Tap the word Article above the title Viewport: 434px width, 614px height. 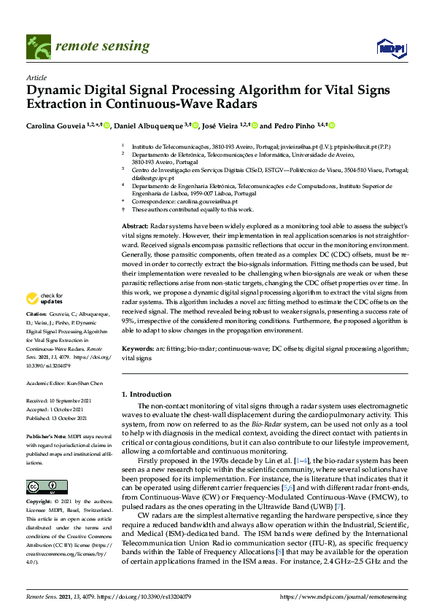[36, 77]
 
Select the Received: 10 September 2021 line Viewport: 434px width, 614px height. [61, 401]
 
